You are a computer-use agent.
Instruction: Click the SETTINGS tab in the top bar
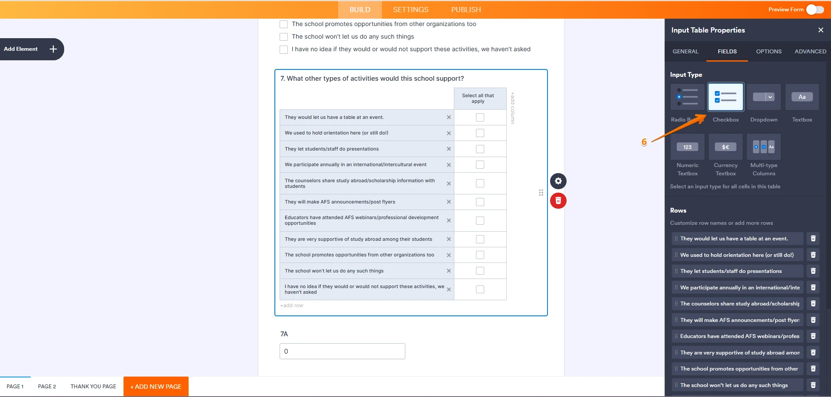click(411, 10)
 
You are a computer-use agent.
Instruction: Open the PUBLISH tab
click(466, 10)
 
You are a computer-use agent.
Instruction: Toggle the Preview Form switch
click(815, 10)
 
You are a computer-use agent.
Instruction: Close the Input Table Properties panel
click(820, 30)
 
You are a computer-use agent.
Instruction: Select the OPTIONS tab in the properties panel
click(769, 51)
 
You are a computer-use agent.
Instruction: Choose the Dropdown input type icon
click(763, 97)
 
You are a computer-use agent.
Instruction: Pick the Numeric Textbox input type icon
click(687, 147)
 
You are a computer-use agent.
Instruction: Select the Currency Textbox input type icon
click(725, 147)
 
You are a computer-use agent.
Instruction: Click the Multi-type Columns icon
click(763, 147)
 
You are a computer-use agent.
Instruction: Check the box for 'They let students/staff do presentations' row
click(480, 149)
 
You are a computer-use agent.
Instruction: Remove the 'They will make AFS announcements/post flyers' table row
click(449, 202)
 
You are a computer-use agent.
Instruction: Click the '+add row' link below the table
click(292, 305)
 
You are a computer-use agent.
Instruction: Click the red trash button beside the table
click(558, 200)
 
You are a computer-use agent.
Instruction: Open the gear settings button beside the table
click(558, 181)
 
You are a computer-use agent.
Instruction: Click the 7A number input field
click(342, 351)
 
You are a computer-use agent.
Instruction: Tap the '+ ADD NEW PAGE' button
click(156, 386)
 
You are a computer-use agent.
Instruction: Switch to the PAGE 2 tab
click(47, 386)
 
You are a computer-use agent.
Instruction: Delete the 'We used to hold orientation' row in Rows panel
click(813, 255)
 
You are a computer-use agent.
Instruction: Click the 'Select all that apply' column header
click(478, 98)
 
